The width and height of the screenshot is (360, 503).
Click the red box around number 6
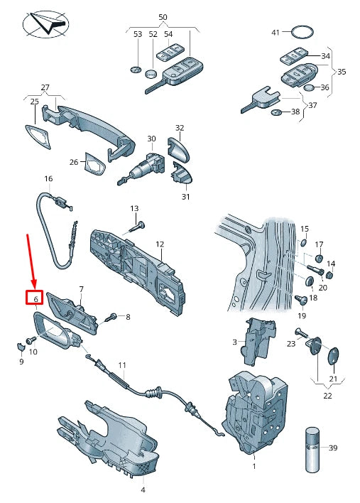point(34,298)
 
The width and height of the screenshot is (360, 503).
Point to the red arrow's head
point(35,285)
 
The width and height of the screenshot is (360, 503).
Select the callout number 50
point(163,17)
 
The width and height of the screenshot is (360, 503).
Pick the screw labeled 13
point(137,227)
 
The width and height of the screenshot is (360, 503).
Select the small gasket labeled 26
point(94,164)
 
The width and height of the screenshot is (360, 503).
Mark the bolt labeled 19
point(302,301)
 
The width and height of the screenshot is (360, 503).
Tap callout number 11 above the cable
point(122,365)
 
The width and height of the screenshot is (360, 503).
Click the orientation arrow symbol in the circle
point(46,23)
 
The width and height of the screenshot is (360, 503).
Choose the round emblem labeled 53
point(136,70)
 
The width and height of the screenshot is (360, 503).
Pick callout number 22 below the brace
point(327,396)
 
